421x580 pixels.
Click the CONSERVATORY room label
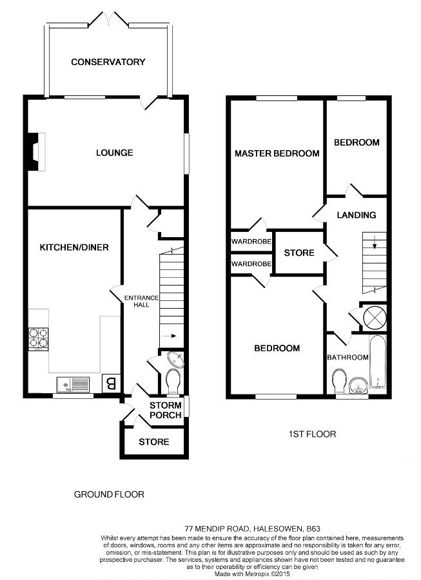point(108,62)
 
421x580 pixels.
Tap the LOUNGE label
point(114,152)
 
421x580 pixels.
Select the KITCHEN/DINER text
point(74,247)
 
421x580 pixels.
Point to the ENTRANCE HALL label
point(141,301)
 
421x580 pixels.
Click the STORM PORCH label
point(165,411)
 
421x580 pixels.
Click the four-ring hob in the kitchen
point(39,338)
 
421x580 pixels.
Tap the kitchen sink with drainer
point(73,385)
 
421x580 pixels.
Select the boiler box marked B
point(111,383)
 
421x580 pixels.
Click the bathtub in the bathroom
point(378,362)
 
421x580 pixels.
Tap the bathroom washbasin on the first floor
point(358,386)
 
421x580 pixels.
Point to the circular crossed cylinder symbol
point(373,318)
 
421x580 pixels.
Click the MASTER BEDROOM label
point(277,153)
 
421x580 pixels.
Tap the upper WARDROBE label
point(251,242)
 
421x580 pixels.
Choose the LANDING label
point(357,215)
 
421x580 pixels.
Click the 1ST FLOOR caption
point(312,434)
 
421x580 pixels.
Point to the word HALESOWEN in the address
point(278,528)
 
